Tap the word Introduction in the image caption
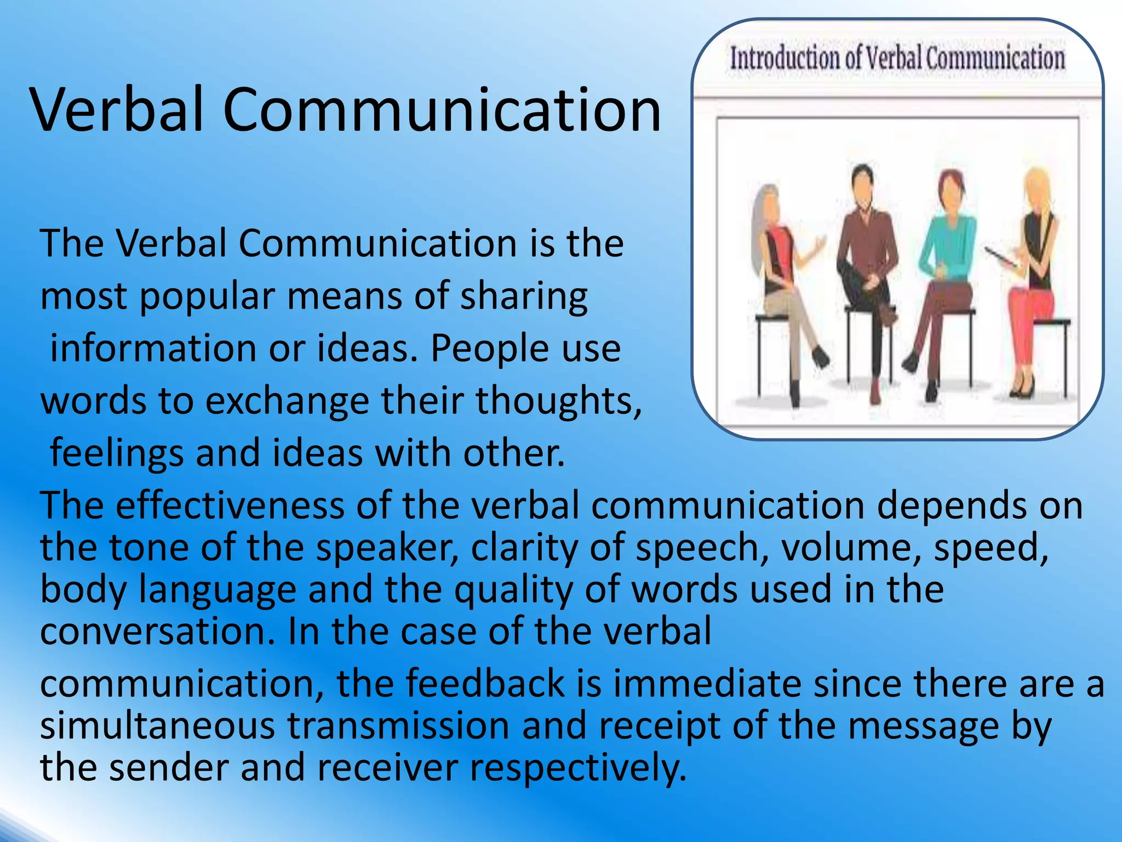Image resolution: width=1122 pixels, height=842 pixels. click(784, 59)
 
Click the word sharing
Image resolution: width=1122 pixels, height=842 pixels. click(523, 297)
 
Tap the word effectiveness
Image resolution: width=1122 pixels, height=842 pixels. click(230, 505)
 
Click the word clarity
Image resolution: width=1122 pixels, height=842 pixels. click(524, 548)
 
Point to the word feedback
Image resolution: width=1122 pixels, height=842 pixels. click(485, 684)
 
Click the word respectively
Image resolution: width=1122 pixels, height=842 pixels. click(578, 767)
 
